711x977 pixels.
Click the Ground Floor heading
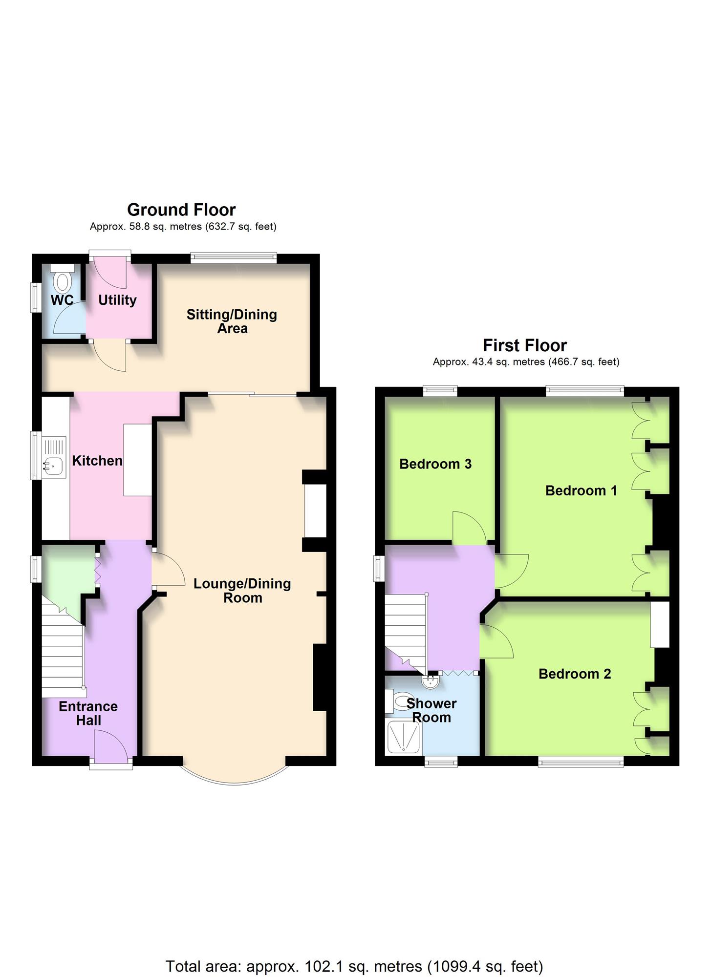tap(181, 210)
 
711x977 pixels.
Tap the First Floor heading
tap(525, 345)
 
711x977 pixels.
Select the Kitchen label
tap(97, 461)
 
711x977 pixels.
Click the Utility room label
tap(117, 300)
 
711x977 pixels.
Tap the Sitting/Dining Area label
tap(232, 321)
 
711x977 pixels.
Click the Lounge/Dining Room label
tap(242, 591)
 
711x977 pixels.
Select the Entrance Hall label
tap(88, 713)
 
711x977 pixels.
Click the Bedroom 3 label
tap(435, 464)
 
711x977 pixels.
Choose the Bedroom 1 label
tap(581, 490)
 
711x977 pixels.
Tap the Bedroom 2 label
tap(575, 674)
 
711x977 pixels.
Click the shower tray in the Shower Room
tap(404, 737)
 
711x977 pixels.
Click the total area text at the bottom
tap(354, 953)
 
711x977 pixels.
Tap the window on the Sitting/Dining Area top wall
tap(234, 258)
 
